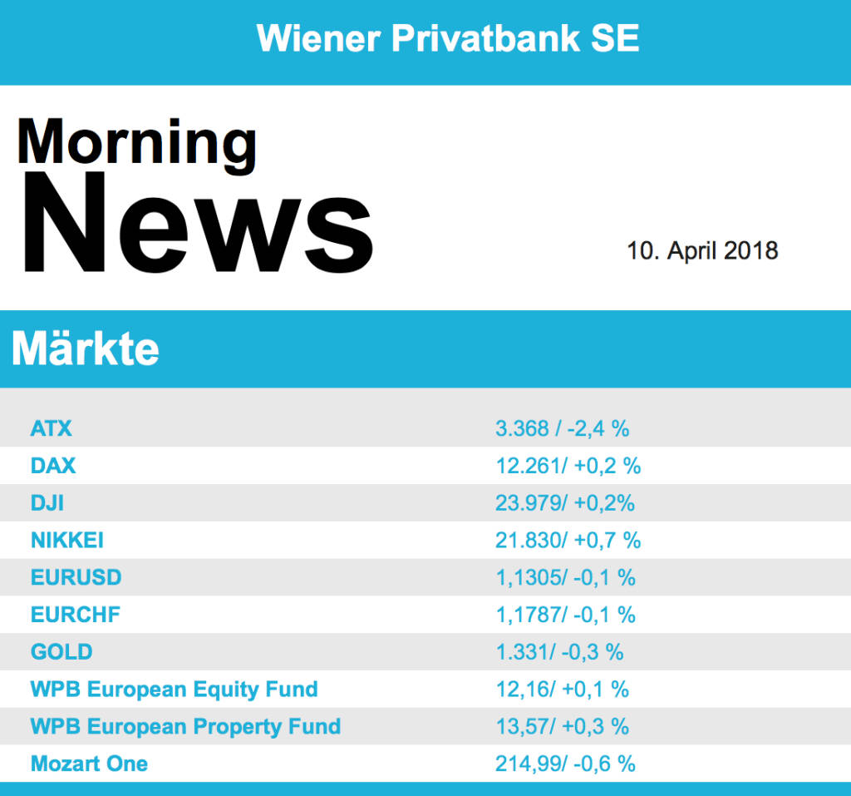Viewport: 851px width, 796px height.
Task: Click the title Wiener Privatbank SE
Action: [448, 38]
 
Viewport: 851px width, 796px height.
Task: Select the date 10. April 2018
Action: [702, 250]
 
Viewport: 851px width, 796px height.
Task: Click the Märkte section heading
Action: [85, 350]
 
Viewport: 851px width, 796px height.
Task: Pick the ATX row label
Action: [52, 428]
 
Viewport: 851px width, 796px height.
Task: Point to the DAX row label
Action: [53, 466]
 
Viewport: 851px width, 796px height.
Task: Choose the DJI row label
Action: [48, 503]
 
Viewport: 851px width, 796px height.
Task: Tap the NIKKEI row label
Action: [67, 541]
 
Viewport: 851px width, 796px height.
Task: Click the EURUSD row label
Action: [76, 577]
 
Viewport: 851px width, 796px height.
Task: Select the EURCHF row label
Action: [76, 615]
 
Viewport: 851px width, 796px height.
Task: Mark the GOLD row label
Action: [61, 652]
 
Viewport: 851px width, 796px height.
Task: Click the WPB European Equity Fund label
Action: [175, 690]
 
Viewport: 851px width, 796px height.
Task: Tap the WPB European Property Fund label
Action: [185, 726]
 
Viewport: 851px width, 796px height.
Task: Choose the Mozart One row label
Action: [89, 764]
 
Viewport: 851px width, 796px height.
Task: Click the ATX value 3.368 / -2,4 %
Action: [562, 428]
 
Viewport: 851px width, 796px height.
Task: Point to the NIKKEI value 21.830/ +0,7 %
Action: [568, 541]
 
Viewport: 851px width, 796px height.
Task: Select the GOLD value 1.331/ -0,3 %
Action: [559, 652]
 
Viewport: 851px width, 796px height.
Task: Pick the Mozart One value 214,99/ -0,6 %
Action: [565, 764]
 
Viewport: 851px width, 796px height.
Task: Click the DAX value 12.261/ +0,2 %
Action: [568, 466]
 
